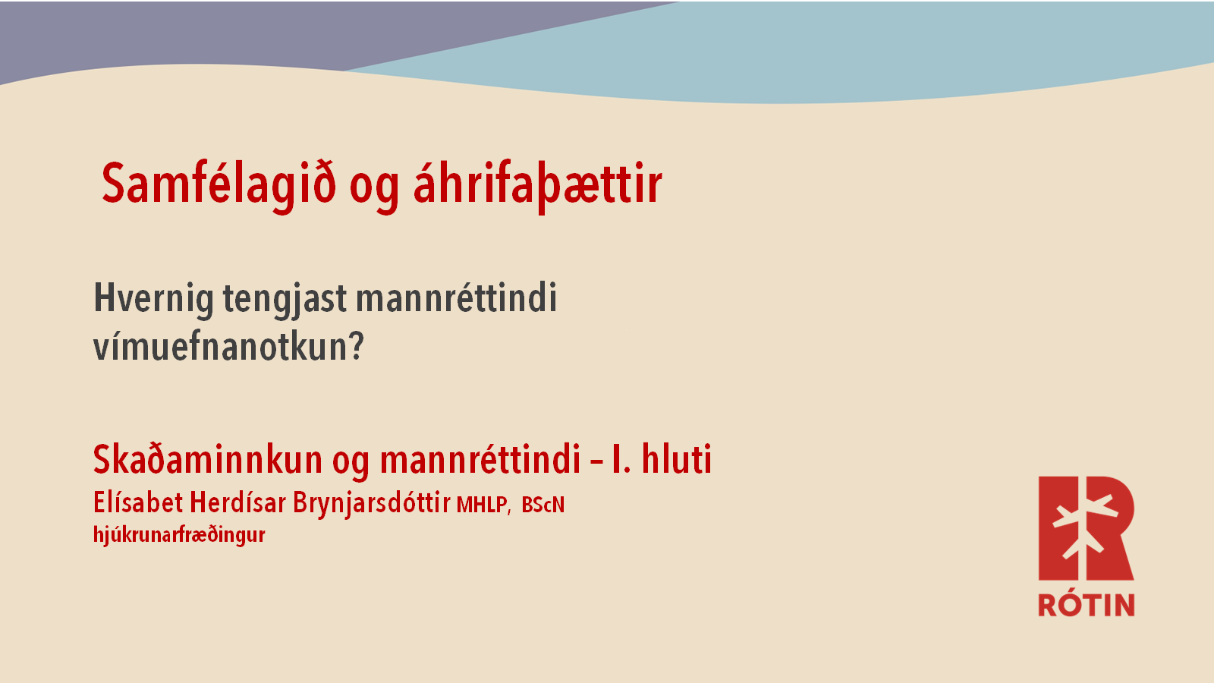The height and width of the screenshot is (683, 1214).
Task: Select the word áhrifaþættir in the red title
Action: click(x=538, y=185)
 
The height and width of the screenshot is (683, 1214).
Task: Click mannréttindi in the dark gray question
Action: click(x=456, y=297)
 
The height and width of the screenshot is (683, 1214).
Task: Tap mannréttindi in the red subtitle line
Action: click(x=480, y=460)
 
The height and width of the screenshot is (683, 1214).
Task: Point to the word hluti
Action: click(x=676, y=460)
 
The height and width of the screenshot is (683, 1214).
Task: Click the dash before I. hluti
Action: click(x=596, y=462)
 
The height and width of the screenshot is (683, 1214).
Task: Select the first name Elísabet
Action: click(x=137, y=502)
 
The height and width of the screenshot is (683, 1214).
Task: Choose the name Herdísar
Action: click(x=237, y=502)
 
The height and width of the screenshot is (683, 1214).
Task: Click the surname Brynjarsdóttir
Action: click(x=371, y=504)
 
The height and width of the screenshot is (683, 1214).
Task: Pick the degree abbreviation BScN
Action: click(x=543, y=505)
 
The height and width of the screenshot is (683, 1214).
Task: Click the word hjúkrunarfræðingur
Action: click(x=179, y=535)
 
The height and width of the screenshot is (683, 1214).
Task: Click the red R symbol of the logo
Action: click(x=1086, y=528)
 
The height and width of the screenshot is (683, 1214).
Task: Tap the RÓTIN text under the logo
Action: click(x=1086, y=604)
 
